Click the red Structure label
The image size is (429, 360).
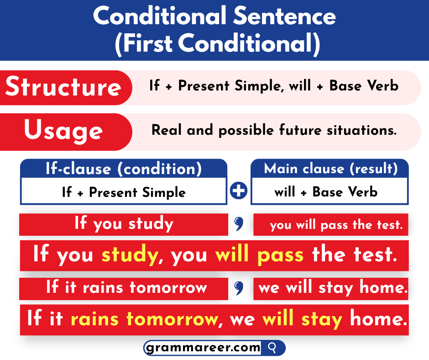tap(63, 87)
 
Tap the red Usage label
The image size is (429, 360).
tap(63, 131)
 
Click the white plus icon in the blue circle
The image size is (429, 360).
tap(239, 191)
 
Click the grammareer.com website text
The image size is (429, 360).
tap(203, 348)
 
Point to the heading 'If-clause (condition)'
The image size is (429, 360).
tap(123, 169)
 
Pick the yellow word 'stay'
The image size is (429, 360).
tap(321, 318)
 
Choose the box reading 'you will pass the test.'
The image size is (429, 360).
tap(330, 225)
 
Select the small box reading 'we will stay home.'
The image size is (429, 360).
tap(332, 288)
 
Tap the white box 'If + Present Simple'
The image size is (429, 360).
tap(123, 192)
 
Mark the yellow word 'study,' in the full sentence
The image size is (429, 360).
tap(133, 254)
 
